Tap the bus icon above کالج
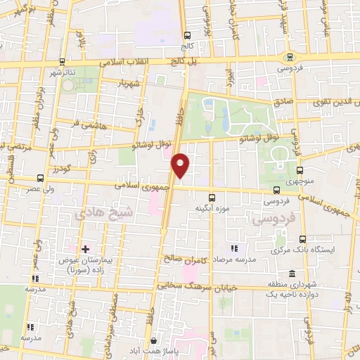pos(186,35)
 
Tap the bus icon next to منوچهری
pos(301,170)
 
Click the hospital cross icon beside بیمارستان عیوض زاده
pos(86,249)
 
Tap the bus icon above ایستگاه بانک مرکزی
pos(302,240)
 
